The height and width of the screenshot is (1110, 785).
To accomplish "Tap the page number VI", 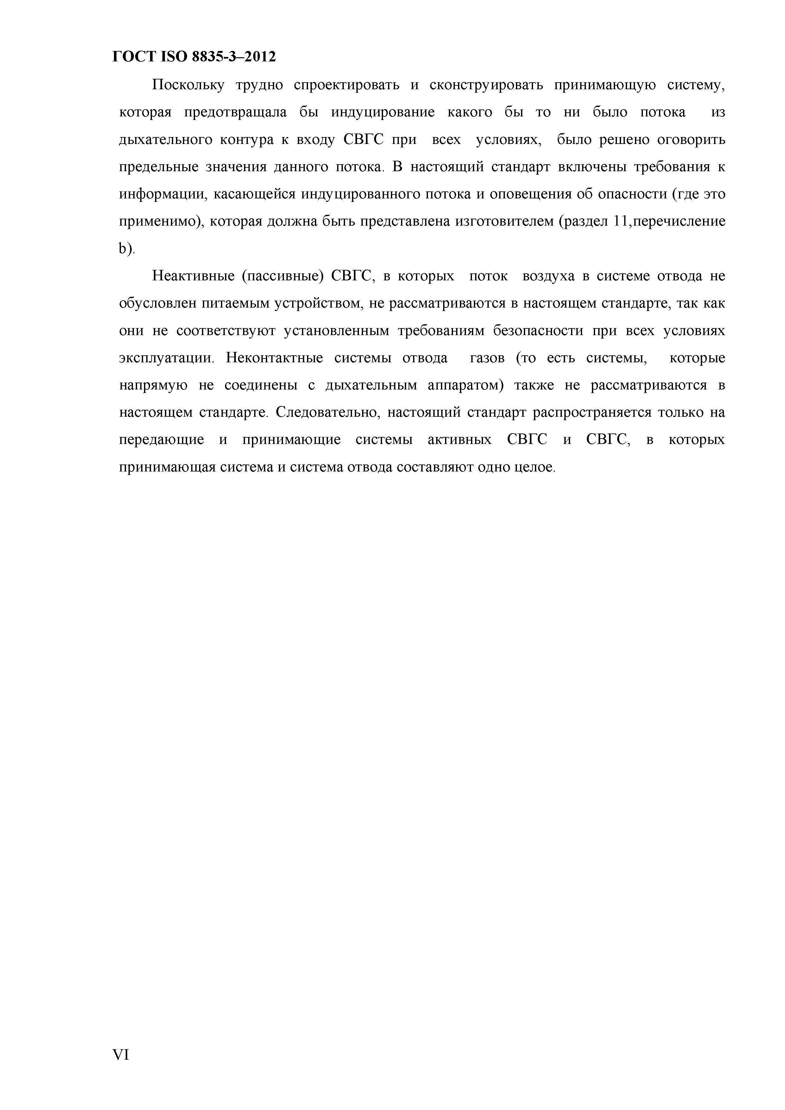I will point(121,1055).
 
